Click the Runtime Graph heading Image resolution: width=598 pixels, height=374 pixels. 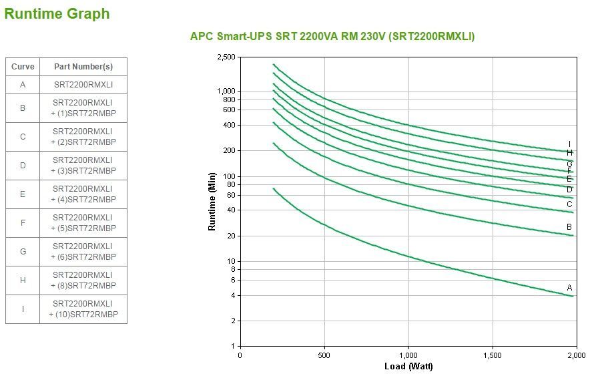point(57,14)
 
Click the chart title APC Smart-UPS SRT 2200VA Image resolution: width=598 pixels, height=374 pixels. point(332,37)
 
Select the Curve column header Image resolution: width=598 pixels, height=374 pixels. point(23,67)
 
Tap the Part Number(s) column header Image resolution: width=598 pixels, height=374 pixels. point(83,67)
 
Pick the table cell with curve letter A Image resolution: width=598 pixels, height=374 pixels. point(23,85)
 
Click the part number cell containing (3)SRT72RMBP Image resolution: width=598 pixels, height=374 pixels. point(83,166)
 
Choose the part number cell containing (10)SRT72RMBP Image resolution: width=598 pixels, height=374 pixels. point(83,309)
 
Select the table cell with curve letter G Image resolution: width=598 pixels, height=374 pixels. point(23,252)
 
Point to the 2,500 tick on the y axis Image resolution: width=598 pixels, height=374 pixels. point(226,57)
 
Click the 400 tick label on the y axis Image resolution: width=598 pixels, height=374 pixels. point(229,126)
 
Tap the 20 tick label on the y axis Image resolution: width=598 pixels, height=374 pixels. point(231,236)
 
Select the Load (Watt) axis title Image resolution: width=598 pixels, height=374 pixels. point(408,367)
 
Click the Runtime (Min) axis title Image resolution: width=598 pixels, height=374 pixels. point(212,201)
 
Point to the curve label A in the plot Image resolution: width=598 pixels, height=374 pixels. point(569,288)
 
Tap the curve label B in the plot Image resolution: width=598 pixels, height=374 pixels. point(569,227)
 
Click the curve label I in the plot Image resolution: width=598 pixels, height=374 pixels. point(569,144)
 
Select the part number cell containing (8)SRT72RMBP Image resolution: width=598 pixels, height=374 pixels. point(83,280)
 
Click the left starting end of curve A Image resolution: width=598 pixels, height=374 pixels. point(274,189)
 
